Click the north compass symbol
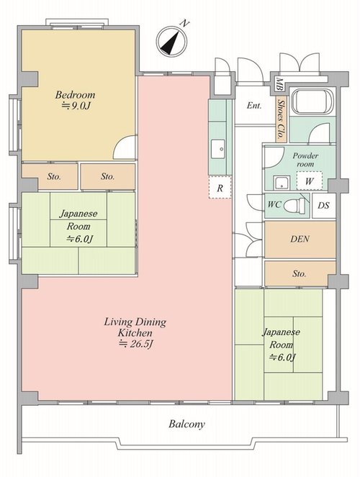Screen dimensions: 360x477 click(171, 41)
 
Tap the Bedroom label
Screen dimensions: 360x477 click(75, 95)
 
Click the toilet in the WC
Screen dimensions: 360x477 click(294, 205)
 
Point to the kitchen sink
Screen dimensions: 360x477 click(218, 149)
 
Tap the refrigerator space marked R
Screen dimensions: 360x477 click(220, 187)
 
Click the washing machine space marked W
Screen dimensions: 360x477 click(309, 181)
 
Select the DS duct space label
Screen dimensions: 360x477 click(323, 205)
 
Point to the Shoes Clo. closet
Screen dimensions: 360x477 click(281, 119)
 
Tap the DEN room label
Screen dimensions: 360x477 click(300, 239)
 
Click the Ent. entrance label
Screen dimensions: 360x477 click(253, 106)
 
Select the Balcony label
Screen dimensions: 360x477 click(187, 424)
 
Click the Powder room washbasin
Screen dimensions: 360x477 click(282, 183)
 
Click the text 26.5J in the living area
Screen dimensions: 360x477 click(141, 344)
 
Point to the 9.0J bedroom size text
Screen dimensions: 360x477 click(81, 106)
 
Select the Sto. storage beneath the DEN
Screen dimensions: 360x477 click(300, 273)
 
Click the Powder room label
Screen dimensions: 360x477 click(305, 160)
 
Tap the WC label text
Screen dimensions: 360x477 click(274, 204)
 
